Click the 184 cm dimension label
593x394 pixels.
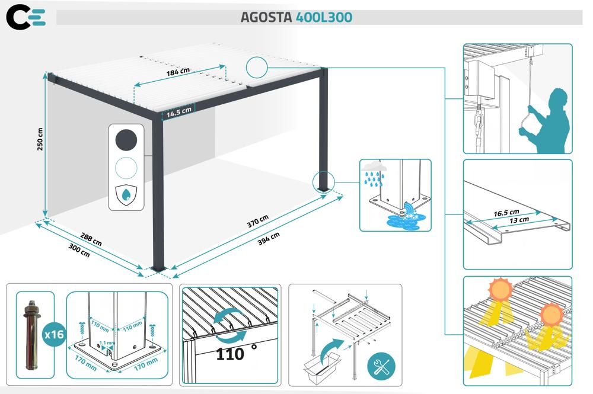pos(177,72)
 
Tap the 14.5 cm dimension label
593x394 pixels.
pos(178,111)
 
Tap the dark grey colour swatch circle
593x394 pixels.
pos(126,140)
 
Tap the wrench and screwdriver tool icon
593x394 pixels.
pos(380,366)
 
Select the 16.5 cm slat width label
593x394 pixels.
pos(506,212)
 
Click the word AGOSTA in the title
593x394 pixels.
pos(266,17)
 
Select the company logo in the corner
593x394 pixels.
pos(25,17)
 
